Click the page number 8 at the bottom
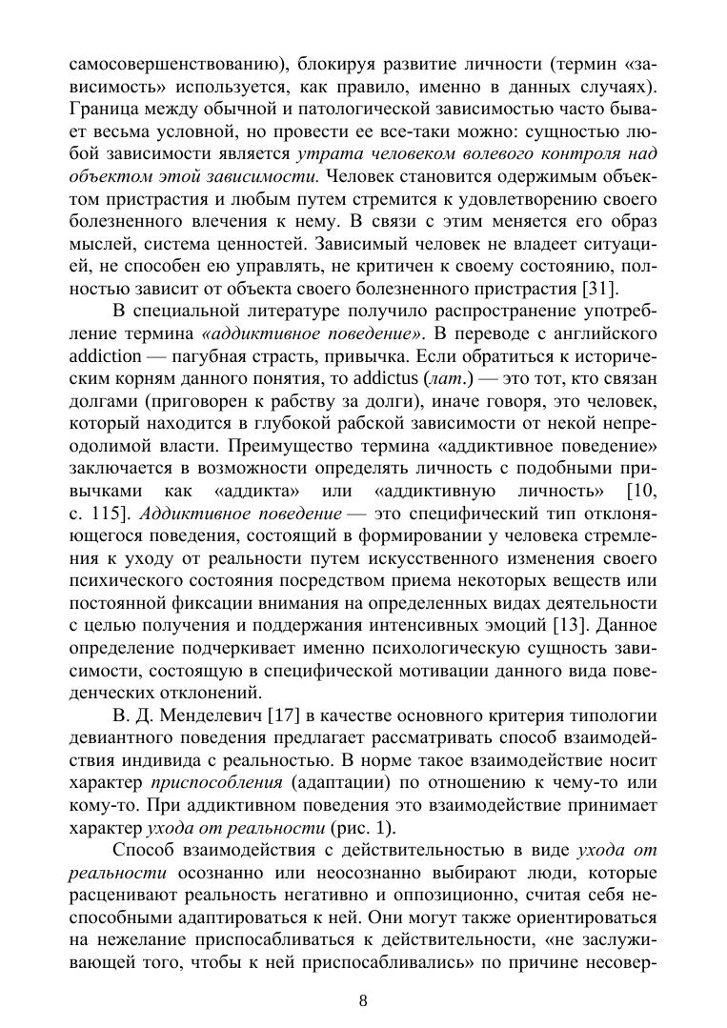point(363,999)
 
